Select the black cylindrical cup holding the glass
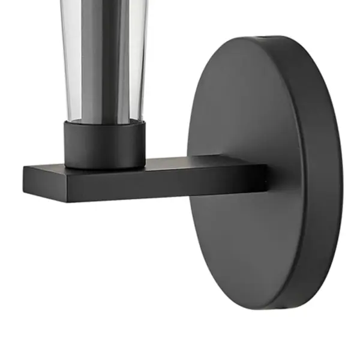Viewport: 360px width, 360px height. [105, 144]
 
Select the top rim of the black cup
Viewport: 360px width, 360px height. [105, 122]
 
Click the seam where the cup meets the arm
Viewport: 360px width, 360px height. [105, 167]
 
